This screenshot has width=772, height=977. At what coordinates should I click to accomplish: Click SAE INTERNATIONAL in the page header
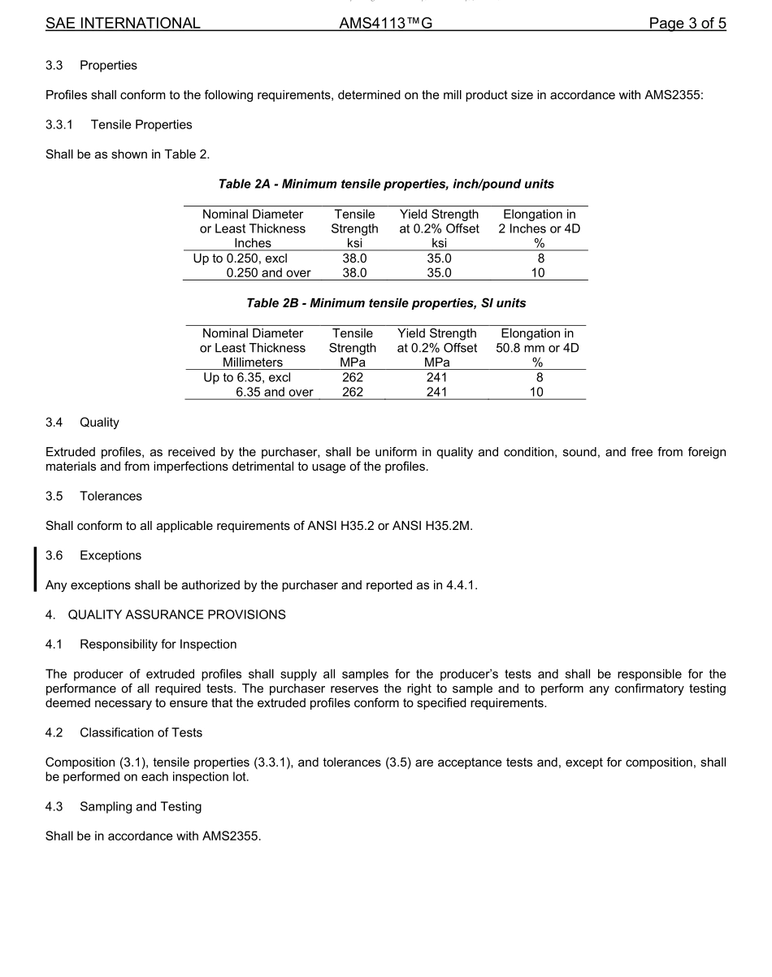pyautogui.click(x=123, y=24)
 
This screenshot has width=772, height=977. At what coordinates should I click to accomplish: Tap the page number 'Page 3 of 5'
pyautogui.click(x=687, y=24)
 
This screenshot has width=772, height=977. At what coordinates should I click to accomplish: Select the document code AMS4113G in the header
pyautogui.click(x=385, y=24)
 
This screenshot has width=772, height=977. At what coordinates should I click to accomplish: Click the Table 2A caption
pyautogui.click(x=386, y=185)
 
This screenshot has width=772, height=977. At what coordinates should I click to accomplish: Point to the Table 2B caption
pyautogui.click(x=386, y=303)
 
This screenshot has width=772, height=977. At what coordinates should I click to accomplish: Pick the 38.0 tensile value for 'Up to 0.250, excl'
pyautogui.click(x=354, y=258)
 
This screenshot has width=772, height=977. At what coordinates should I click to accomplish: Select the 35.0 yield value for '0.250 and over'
pyautogui.click(x=439, y=273)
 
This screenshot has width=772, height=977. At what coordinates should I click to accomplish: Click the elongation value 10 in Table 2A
pyautogui.click(x=538, y=273)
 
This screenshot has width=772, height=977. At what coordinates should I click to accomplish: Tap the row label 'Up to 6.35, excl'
pyautogui.click(x=247, y=377)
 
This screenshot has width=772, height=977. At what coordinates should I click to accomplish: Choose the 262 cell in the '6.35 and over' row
pyautogui.click(x=353, y=392)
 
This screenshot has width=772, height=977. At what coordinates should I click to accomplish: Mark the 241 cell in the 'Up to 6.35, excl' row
pyautogui.click(x=436, y=377)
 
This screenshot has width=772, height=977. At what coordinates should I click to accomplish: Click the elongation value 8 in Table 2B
pyautogui.click(x=538, y=377)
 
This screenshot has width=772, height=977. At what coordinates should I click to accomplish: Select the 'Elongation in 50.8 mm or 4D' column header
pyautogui.click(x=537, y=348)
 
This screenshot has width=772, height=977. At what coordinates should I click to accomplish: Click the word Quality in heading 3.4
pyautogui.click(x=99, y=423)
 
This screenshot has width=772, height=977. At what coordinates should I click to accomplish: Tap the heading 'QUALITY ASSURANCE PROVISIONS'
pyautogui.click(x=176, y=614)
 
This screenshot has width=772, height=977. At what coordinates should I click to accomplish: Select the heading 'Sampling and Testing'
pyautogui.click(x=141, y=806)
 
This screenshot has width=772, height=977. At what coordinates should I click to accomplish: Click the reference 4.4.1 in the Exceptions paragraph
pyautogui.click(x=461, y=585)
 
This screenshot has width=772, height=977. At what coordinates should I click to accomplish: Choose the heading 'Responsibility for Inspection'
pyautogui.click(x=158, y=645)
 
